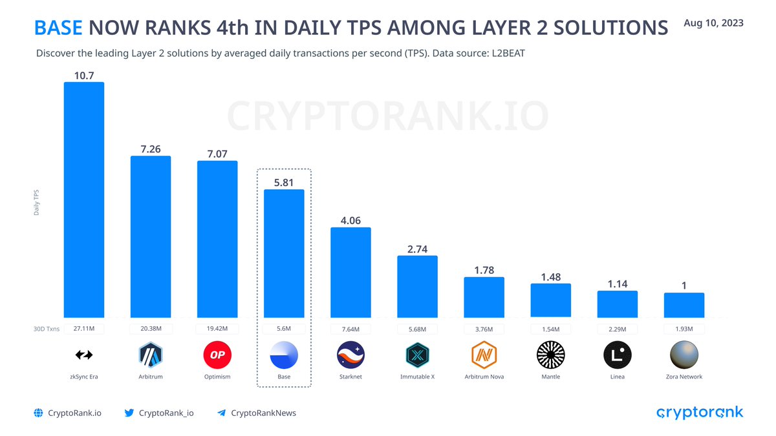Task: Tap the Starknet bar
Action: pyautogui.click(x=350, y=272)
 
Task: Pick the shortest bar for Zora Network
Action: pyautogui.click(x=684, y=305)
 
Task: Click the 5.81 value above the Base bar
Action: pyautogui.click(x=284, y=183)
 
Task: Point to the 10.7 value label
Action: pyautogui.click(x=83, y=76)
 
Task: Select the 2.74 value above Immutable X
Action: pyautogui.click(x=417, y=249)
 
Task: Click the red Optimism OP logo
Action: pyautogui.click(x=217, y=355)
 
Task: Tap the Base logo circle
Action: pyautogui.click(x=284, y=355)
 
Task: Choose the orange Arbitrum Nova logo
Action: pyautogui.click(x=484, y=355)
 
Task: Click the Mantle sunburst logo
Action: pyautogui.click(x=550, y=355)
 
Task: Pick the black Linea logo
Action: pyautogui.click(x=617, y=355)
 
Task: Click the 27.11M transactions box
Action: pyautogui.click(x=83, y=329)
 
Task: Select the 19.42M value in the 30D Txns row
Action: pyautogui.click(x=217, y=329)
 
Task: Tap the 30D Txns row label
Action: pyautogui.click(x=47, y=329)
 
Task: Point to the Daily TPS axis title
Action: pyautogui.click(x=37, y=202)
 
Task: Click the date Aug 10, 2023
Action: pyautogui.click(x=713, y=23)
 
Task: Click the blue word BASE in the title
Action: pyautogui.click(x=58, y=28)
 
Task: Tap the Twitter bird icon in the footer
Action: pyautogui.click(x=129, y=413)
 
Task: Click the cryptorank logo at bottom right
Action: pyautogui.click(x=700, y=413)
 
